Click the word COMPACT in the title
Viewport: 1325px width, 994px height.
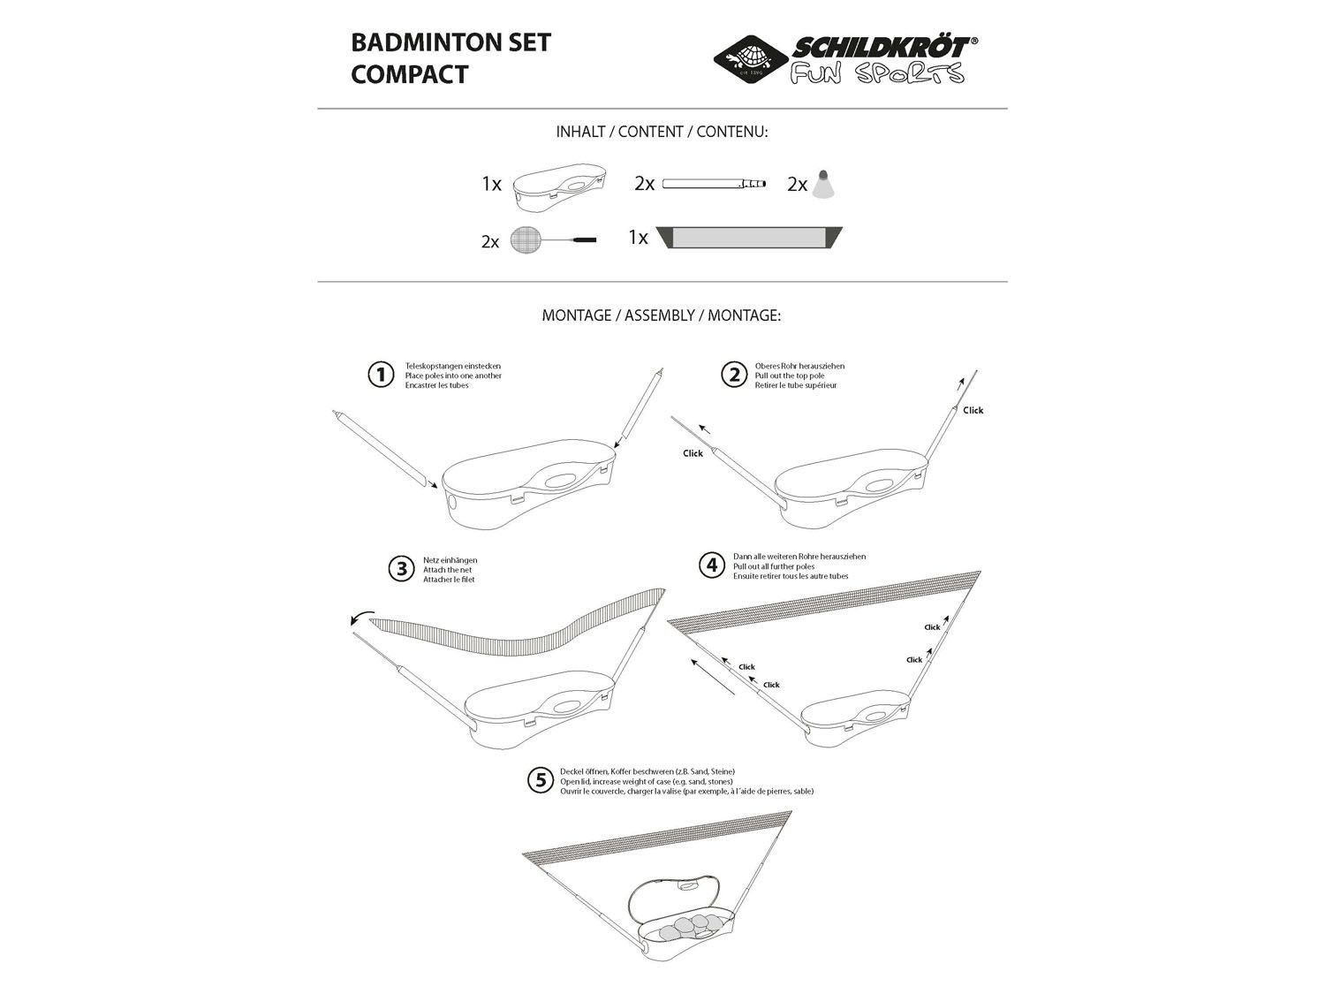[409, 74]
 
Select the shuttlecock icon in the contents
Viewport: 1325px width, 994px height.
[823, 184]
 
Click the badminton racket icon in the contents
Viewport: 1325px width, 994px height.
[553, 240]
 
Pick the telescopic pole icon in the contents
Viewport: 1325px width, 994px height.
[714, 183]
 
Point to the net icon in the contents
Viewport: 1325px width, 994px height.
[748, 237]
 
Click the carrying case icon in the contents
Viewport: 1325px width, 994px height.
[559, 186]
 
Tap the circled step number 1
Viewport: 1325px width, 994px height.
[381, 375]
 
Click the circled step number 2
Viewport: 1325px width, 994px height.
[734, 375]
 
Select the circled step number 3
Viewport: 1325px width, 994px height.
[401, 569]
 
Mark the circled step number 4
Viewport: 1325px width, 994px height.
[712, 565]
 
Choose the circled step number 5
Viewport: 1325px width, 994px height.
[541, 780]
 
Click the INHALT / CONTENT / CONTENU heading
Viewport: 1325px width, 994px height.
[662, 132]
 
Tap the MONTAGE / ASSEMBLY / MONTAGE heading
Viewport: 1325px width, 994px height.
[661, 315]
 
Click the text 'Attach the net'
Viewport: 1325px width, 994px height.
[447, 570]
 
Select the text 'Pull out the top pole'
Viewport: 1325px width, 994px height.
[790, 376]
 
